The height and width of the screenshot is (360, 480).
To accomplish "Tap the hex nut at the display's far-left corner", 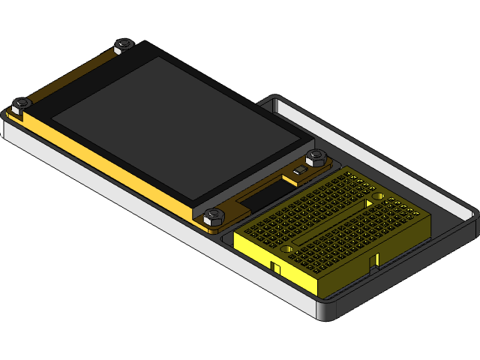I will (x=21, y=103).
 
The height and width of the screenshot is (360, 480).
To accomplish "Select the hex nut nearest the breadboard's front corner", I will (x=213, y=216).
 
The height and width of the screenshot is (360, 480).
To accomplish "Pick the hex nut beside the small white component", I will (x=316, y=157).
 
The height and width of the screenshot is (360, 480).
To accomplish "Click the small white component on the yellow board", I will (x=300, y=172).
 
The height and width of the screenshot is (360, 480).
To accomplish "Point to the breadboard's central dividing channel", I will (x=334, y=222).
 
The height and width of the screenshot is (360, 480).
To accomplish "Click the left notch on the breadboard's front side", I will (x=275, y=267).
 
